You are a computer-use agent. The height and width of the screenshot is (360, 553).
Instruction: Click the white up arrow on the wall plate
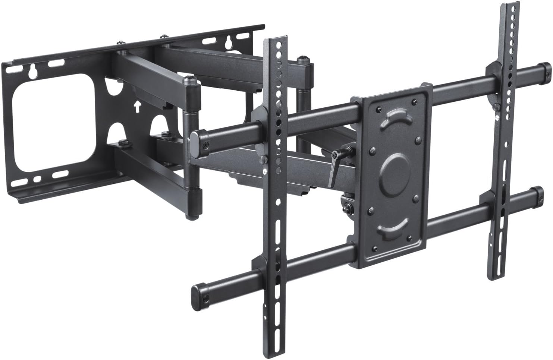coord(137,107)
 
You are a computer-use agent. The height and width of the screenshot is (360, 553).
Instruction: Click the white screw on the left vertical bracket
coord(264,172)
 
